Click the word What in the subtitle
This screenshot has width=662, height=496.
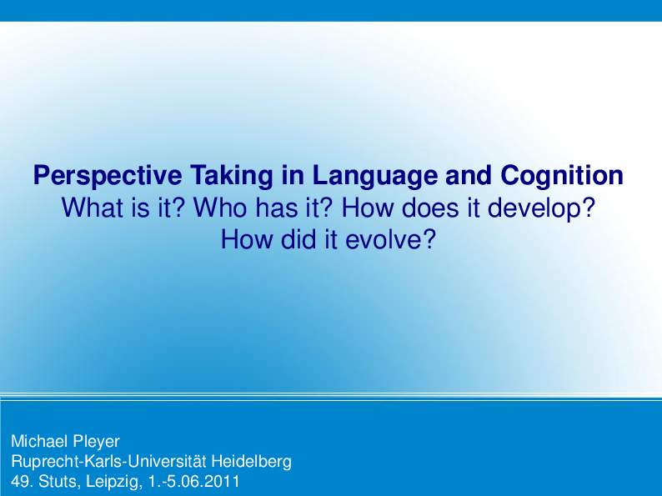[x=91, y=208]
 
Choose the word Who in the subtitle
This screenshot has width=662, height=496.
[x=216, y=208]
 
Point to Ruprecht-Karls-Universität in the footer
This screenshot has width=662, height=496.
[x=109, y=461]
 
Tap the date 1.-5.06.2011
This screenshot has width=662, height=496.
[x=194, y=481]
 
